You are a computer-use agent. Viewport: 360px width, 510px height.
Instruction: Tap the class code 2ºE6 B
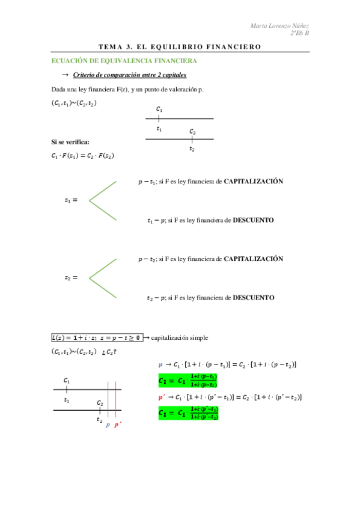(x=298, y=33)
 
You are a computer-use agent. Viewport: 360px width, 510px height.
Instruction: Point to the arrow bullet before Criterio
(x=66, y=75)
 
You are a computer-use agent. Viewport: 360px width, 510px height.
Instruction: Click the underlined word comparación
(x=123, y=75)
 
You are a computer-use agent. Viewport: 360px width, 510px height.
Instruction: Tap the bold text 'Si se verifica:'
(x=70, y=142)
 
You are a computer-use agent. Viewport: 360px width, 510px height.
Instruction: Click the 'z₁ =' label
(x=71, y=200)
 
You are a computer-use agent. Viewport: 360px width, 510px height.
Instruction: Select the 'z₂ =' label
(x=71, y=278)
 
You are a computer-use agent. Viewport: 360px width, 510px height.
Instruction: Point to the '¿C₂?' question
(x=109, y=352)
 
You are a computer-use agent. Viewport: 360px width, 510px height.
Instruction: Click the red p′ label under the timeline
(x=118, y=425)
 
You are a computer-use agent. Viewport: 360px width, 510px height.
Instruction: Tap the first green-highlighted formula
(x=188, y=380)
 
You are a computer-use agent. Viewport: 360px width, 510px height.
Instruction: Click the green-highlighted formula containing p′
(x=188, y=413)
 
